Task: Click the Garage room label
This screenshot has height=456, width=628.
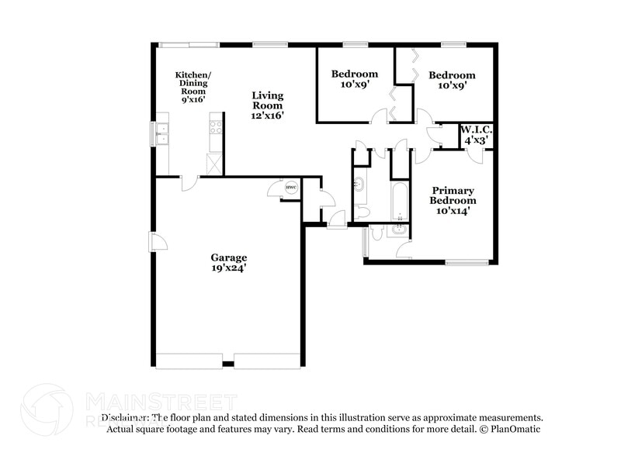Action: click(229, 257)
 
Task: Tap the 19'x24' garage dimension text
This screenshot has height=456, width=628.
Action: click(229, 268)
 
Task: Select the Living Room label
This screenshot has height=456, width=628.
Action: click(267, 100)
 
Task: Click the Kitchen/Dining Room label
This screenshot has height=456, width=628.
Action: click(193, 82)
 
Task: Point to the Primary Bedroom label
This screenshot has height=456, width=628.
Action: click(453, 195)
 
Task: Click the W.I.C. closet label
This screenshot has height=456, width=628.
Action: click(476, 130)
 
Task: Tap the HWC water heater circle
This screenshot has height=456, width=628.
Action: click(290, 188)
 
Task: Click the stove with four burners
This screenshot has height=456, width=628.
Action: click(217, 126)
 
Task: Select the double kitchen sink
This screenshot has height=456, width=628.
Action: click(164, 133)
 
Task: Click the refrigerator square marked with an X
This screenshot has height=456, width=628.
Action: click(214, 163)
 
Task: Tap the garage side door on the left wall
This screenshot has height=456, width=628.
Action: click(158, 242)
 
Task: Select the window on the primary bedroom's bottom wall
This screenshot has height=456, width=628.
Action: click(467, 263)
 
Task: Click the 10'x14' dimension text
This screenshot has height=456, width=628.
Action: click(453, 210)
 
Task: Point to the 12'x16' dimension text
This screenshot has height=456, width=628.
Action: click(267, 116)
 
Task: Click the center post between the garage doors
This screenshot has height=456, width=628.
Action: click(228, 364)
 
